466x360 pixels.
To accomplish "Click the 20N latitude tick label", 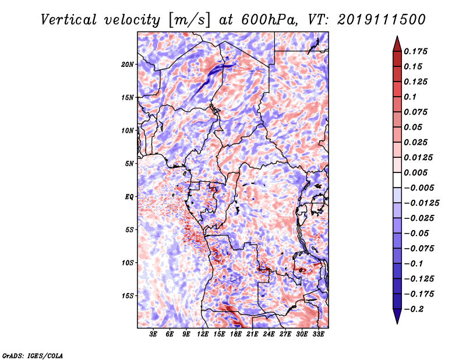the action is pyautogui.click(x=128, y=64).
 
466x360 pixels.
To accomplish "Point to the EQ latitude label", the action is pyautogui.click(x=129, y=197).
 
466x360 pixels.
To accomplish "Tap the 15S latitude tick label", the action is pyautogui.click(x=128, y=296).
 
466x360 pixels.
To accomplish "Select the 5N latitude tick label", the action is pyautogui.click(x=129, y=164).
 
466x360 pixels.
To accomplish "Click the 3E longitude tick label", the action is pyautogui.click(x=153, y=334).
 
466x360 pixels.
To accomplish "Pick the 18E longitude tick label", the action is pyautogui.click(x=236, y=334).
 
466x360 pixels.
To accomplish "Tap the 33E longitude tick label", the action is pyautogui.click(x=318, y=334).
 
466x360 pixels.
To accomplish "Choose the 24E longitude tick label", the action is pyautogui.click(x=269, y=334).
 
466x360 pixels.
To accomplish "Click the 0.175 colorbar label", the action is pyautogui.click(x=415, y=51).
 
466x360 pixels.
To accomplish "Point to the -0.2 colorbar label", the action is pyautogui.click(x=414, y=309).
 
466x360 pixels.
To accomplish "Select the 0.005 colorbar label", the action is pyautogui.click(x=415, y=172).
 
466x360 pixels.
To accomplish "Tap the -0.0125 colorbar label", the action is pyautogui.click(x=421, y=203).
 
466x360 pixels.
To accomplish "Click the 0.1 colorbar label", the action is pyautogui.click(x=410, y=97).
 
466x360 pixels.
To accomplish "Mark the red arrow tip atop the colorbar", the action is pyautogui.click(x=397, y=36).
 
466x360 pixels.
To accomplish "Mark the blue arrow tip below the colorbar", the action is pyautogui.click(x=397, y=323).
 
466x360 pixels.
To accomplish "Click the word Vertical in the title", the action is pyautogui.click(x=69, y=20).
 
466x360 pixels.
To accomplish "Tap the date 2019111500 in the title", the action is pyautogui.click(x=382, y=20).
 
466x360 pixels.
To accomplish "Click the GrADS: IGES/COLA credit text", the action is pyautogui.click(x=33, y=355).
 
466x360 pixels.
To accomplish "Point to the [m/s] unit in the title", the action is pyautogui.click(x=189, y=20).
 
